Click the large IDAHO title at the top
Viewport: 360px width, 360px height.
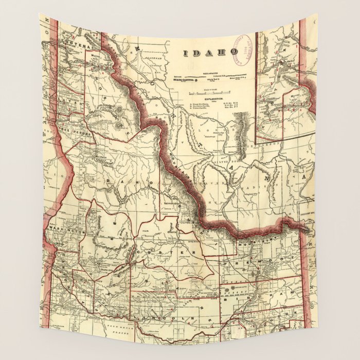[x=211, y=52]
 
